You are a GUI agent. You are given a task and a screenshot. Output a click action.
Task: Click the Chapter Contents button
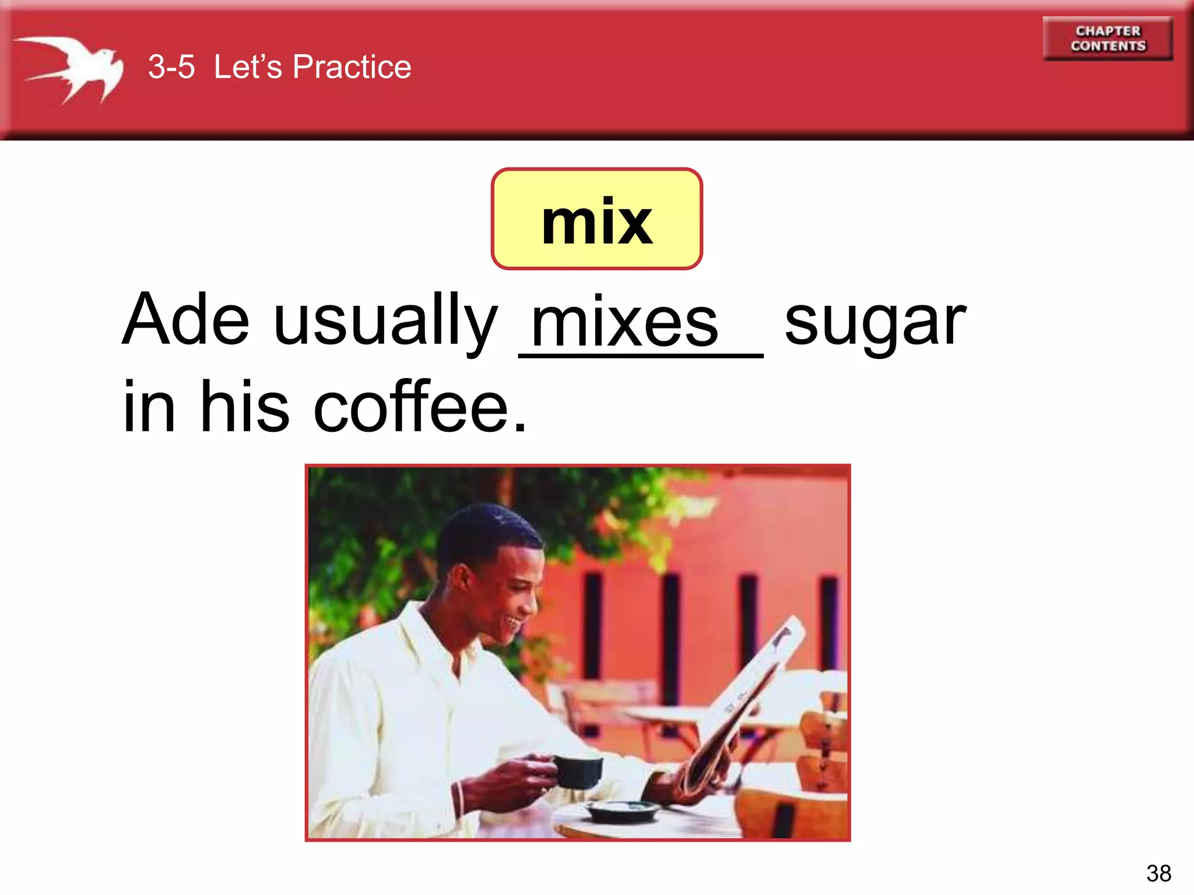pyautogui.click(x=1108, y=38)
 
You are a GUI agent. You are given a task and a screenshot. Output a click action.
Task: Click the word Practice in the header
pyautogui.click(x=352, y=67)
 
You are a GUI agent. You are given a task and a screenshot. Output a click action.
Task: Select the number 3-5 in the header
pyautogui.click(x=171, y=67)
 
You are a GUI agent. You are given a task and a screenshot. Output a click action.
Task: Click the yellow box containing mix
pyautogui.click(x=596, y=219)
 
